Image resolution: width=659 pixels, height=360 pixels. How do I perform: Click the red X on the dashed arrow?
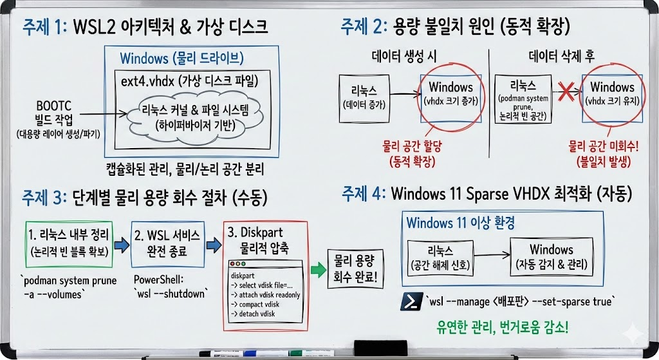tap(566, 92)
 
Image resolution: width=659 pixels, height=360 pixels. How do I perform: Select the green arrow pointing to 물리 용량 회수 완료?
tap(318, 270)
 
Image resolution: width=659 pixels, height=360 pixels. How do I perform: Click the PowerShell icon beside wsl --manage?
tap(411, 301)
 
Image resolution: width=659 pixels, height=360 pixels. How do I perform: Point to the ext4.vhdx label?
tap(147, 81)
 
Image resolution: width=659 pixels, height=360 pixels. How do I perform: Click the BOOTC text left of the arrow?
tap(53, 106)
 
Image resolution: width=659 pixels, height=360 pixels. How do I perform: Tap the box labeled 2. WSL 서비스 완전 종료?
tap(168, 244)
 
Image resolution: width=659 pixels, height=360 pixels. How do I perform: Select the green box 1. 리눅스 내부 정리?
tap(69, 244)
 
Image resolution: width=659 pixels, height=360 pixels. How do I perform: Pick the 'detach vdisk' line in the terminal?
tap(253, 314)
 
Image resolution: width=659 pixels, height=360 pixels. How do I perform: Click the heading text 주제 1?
tap(44, 28)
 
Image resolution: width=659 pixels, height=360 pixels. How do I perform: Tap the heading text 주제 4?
tap(364, 194)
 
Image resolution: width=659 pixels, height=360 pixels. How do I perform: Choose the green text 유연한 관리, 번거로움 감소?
tap(503, 327)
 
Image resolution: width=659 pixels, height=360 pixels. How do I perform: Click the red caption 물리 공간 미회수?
tap(604, 146)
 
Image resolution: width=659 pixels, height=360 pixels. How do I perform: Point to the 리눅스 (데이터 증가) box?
tap(364, 99)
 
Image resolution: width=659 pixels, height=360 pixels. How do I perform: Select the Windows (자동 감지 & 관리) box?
tap(552, 256)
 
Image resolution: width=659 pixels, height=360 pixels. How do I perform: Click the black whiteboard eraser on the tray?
tap(380, 348)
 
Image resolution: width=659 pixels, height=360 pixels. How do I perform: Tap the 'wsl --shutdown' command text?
tap(171, 294)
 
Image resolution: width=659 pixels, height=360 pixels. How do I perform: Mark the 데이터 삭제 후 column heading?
tap(561, 56)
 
